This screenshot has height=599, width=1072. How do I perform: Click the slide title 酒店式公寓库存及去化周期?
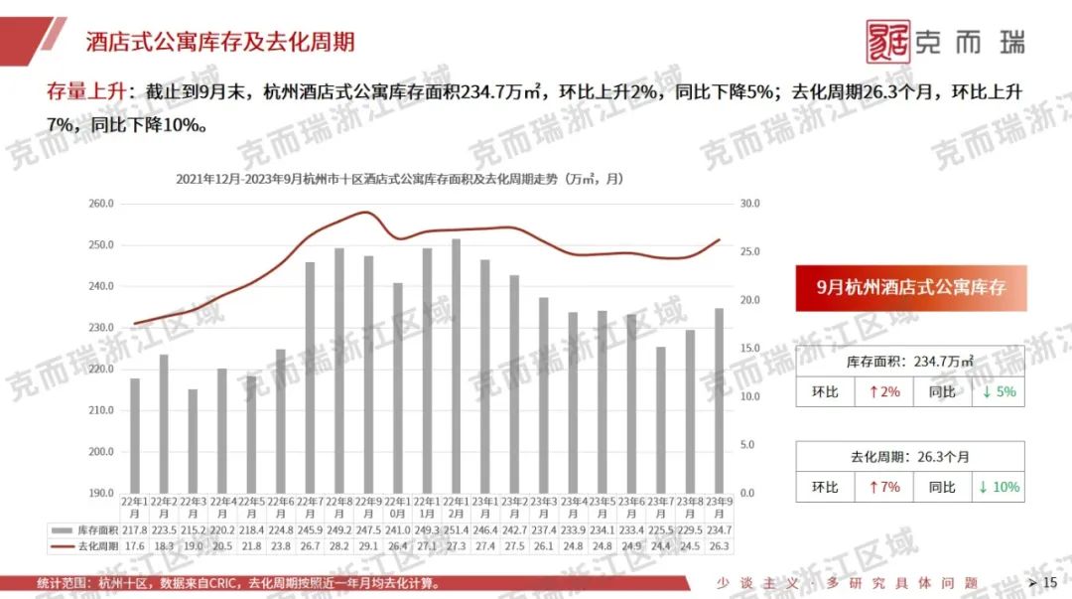[x=219, y=42]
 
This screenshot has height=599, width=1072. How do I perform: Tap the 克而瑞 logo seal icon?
[x=887, y=42]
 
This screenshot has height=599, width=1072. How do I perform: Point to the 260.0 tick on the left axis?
[x=102, y=204]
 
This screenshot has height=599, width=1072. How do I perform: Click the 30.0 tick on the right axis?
[x=749, y=204]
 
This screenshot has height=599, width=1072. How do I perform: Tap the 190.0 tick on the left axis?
[x=102, y=493]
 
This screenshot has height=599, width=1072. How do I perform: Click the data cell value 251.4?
[x=456, y=531]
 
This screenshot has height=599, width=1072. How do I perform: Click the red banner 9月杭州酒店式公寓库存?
[x=910, y=287]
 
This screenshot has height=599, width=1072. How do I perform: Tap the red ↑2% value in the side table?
[x=884, y=392]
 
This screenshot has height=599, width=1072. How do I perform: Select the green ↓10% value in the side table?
[x=999, y=488]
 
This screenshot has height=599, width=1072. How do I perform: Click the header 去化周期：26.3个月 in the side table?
[x=909, y=457]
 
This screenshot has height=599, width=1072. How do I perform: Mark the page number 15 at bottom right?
[x=1050, y=582]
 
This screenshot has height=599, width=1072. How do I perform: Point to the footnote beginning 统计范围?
[x=238, y=582]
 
